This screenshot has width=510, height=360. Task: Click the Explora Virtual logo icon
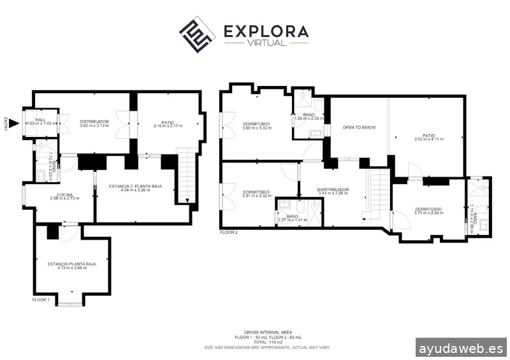click(196, 35)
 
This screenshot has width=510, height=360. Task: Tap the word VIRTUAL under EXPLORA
click(266, 43)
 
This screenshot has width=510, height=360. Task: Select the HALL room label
click(40, 120)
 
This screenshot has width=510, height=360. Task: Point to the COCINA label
click(64, 194)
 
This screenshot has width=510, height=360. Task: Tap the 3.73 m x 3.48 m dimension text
click(71, 268)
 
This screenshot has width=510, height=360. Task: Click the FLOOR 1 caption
click(40, 299)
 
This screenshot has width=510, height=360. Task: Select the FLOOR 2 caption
click(228, 233)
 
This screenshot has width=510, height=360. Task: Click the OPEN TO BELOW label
click(359, 127)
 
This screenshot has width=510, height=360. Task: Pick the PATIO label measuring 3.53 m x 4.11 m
click(428, 135)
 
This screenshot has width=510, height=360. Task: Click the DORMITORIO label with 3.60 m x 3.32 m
click(256, 124)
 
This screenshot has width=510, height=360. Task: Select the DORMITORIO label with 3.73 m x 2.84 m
click(428, 209)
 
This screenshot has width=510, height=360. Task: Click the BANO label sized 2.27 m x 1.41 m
click(293, 216)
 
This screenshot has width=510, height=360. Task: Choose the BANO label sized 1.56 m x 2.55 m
click(309, 115)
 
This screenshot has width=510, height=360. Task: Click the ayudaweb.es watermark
click(461, 349)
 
